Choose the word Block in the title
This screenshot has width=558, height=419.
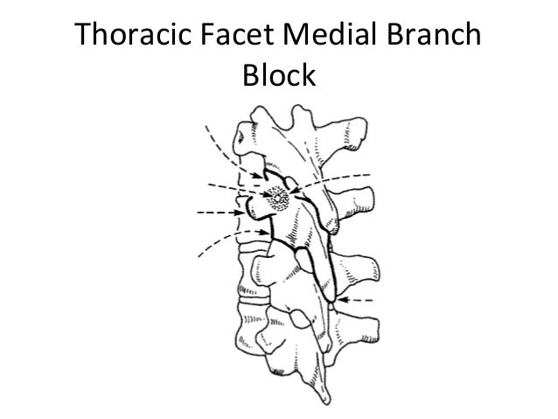278,78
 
